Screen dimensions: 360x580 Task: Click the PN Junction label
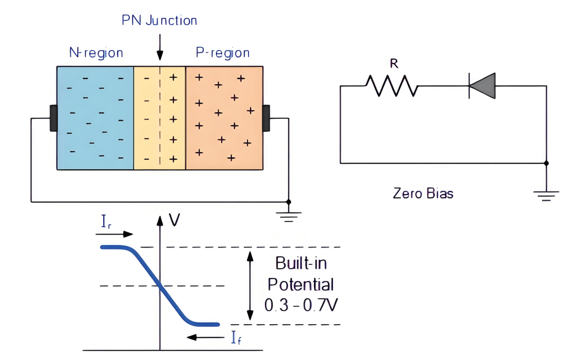pos(159,20)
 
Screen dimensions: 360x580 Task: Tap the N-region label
pos(96,52)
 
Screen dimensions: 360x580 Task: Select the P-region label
pos(223,52)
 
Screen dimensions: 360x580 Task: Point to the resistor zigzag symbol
pos(391,86)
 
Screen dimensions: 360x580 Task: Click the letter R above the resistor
pos(394,65)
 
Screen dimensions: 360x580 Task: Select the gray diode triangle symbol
pos(482,86)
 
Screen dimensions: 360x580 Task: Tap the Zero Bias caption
pos(423,193)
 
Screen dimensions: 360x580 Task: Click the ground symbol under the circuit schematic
pos(547,195)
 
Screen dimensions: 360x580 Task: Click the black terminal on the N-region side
pos(53,118)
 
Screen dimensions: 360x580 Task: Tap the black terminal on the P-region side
pos(266,118)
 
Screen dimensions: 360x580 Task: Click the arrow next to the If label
pos(204,337)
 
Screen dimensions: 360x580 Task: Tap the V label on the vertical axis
pos(174,220)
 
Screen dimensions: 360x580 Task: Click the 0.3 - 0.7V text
pos(301,305)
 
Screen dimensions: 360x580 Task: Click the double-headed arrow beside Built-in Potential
pos(250,286)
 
